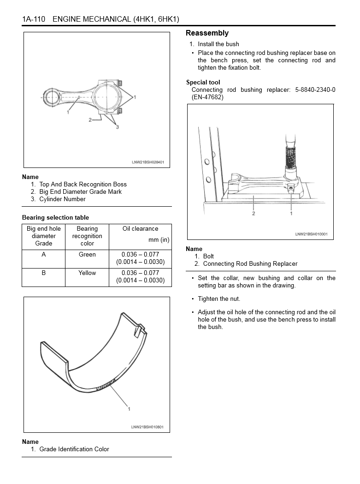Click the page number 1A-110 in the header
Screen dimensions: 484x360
(33, 19)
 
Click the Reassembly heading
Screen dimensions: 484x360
(207, 33)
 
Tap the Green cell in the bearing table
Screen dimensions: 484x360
(87, 254)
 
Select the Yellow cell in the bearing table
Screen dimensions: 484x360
(87, 273)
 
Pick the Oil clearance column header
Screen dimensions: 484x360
(140, 229)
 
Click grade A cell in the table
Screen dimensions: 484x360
(44, 254)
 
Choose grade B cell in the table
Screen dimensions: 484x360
(44, 273)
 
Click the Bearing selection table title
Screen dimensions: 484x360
(55, 217)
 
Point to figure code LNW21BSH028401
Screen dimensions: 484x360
(148, 162)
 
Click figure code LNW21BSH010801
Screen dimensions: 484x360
(148, 427)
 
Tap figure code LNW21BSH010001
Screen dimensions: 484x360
(311, 234)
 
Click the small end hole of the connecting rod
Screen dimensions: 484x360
(53, 98)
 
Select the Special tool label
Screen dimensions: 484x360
(203, 83)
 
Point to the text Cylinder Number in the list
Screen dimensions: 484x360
(62, 199)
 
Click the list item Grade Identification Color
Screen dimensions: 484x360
(74, 449)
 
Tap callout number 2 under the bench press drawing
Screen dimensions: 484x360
(253, 213)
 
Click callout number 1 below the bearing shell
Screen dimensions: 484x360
(129, 409)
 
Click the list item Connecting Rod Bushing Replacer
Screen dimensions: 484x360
(250, 263)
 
